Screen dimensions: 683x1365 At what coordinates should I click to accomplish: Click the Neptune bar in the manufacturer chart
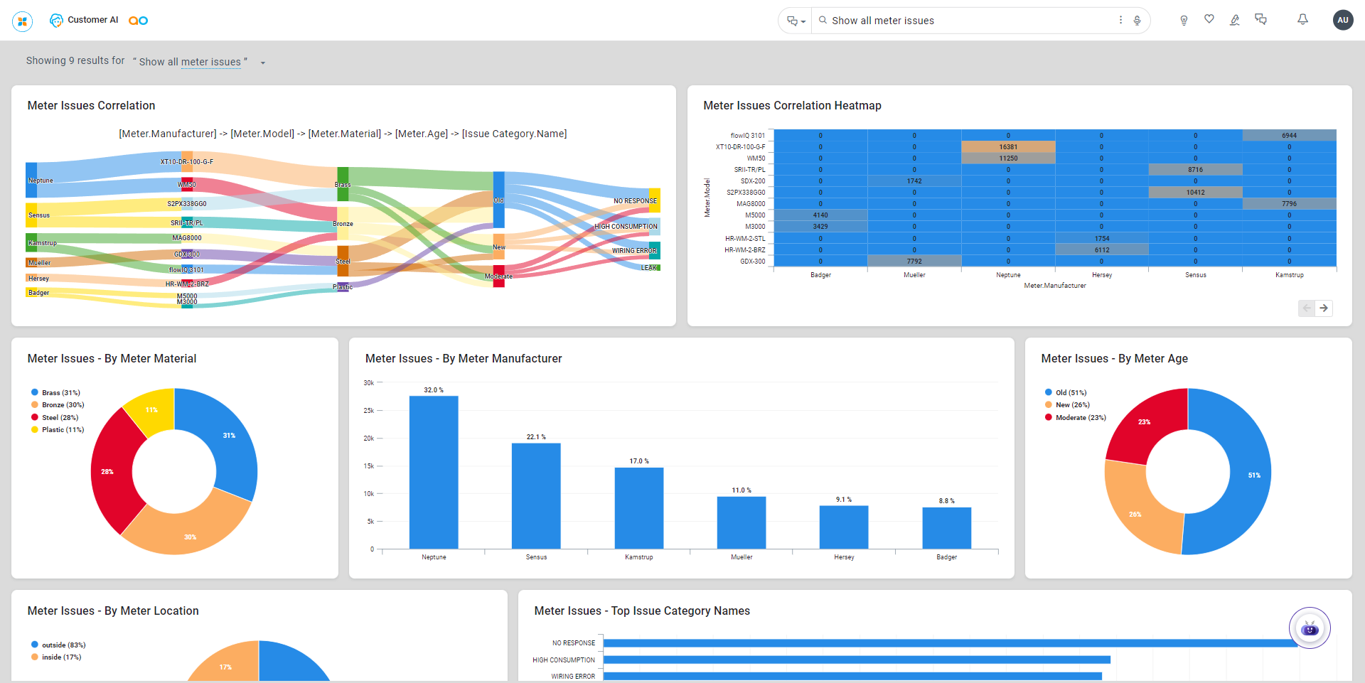pyautogui.click(x=434, y=472)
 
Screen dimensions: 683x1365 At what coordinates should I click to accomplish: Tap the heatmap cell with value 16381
pyautogui.click(x=1008, y=147)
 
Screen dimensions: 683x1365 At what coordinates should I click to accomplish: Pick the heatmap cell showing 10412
pyautogui.click(x=1195, y=193)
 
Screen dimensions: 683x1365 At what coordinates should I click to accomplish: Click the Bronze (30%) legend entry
pyautogui.click(x=63, y=405)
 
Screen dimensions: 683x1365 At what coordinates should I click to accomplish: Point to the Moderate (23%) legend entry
pyautogui.click(x=1080, y=418)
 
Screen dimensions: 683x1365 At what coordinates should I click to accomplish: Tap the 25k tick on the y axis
pyautogui.click(x=369, y=411)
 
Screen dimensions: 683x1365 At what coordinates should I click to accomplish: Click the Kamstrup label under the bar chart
pyautogui.click(x=638, y=557)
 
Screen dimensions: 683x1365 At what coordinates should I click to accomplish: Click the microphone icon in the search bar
pyautogui.click(x=1137, y=21)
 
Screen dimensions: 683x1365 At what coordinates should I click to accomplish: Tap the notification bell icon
pyautogui.click(x=1302, y=20)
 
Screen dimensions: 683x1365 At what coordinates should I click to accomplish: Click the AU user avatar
pyautogui.click(x=1342, y=20)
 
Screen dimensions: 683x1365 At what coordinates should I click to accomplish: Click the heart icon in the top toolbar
pyautogui.click(x=1209, y=19)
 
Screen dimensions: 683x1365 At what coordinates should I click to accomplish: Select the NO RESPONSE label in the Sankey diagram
pyautogui.click(x=635, y=201)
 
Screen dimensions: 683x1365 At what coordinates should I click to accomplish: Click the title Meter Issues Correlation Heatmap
pyautogui.click(x=792, y=106)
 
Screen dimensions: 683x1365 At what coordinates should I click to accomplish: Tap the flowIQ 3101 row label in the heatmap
pyautogui.click(x=747, y=136)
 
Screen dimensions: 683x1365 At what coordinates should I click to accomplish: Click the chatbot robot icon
pyautogui.click(x=1309, y=628)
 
